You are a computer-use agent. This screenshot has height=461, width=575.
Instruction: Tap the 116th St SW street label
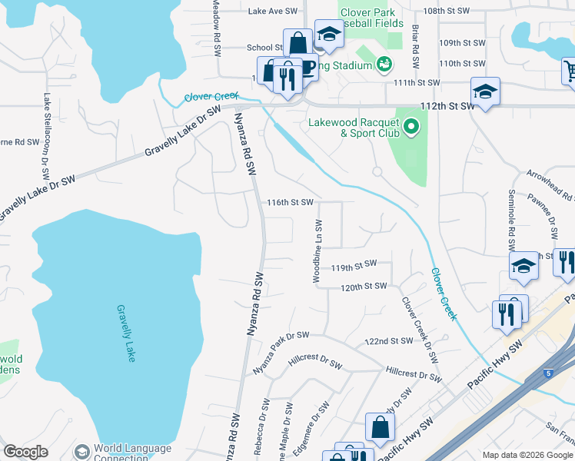pyautogui.click(x=290, y=203)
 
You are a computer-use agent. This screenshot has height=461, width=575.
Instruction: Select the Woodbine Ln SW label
pyautogui.click(x=317, y=250)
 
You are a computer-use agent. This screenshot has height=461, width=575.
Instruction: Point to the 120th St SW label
pyautogui.click(x=364, y=287)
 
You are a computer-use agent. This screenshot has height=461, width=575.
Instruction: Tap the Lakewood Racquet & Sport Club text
pyautogui.click(x=354, y=128)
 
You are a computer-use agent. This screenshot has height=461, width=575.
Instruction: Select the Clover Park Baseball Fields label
pyautogui.click(x=372, y=18)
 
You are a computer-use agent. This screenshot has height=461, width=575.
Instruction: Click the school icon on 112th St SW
pyautogui.click(x=485, y=92)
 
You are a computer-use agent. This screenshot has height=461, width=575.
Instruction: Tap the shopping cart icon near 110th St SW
pyautogui.click(x=568, y=71)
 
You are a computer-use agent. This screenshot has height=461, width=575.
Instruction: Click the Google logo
pyautogui.click(x=25, y=452)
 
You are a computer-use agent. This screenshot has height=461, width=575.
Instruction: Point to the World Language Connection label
pyautogui.click(x=132, y=453)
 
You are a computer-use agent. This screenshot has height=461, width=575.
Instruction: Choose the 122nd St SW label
pyautogui.click(x=389, y=341)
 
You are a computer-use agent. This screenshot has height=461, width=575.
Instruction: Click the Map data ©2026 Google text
pyautogui.click(x=527, y=455)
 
